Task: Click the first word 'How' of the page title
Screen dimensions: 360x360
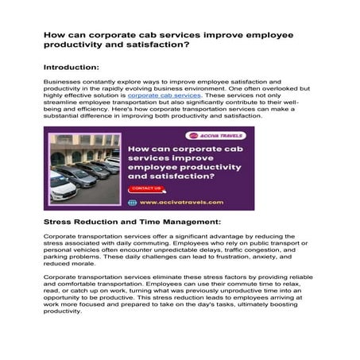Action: coord(53,35)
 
